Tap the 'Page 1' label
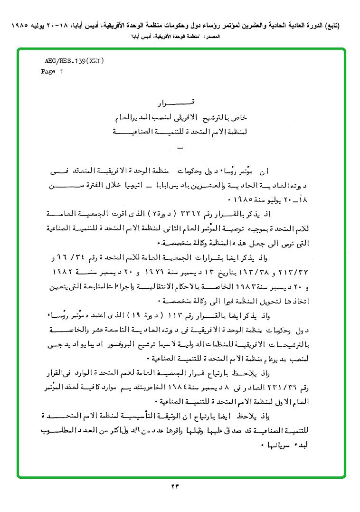point(52,72)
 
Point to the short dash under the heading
point(180,149)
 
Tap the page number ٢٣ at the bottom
point(180,486)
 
